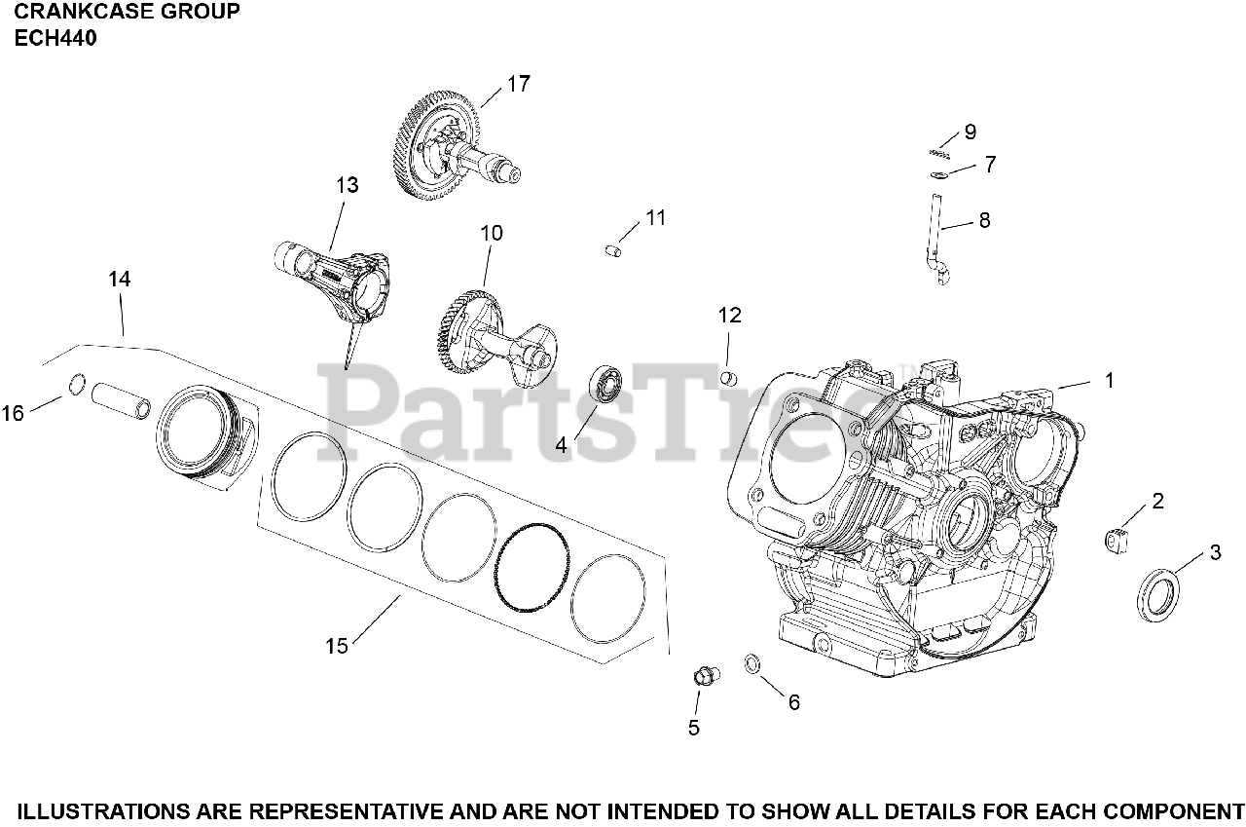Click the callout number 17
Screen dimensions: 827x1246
pos(519,84)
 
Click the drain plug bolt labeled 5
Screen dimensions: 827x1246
pos(703,674)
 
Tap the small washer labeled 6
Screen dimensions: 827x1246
pos(751,664)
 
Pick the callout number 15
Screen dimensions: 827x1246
pos(337,646)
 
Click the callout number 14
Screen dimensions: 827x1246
pos(119,280)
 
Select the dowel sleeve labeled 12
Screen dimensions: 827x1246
pos(729,377)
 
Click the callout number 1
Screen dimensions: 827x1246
pos(1108,381)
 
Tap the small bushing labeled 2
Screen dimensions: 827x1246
pos(1116,539)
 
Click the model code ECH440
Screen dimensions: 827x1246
pos(55,39)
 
